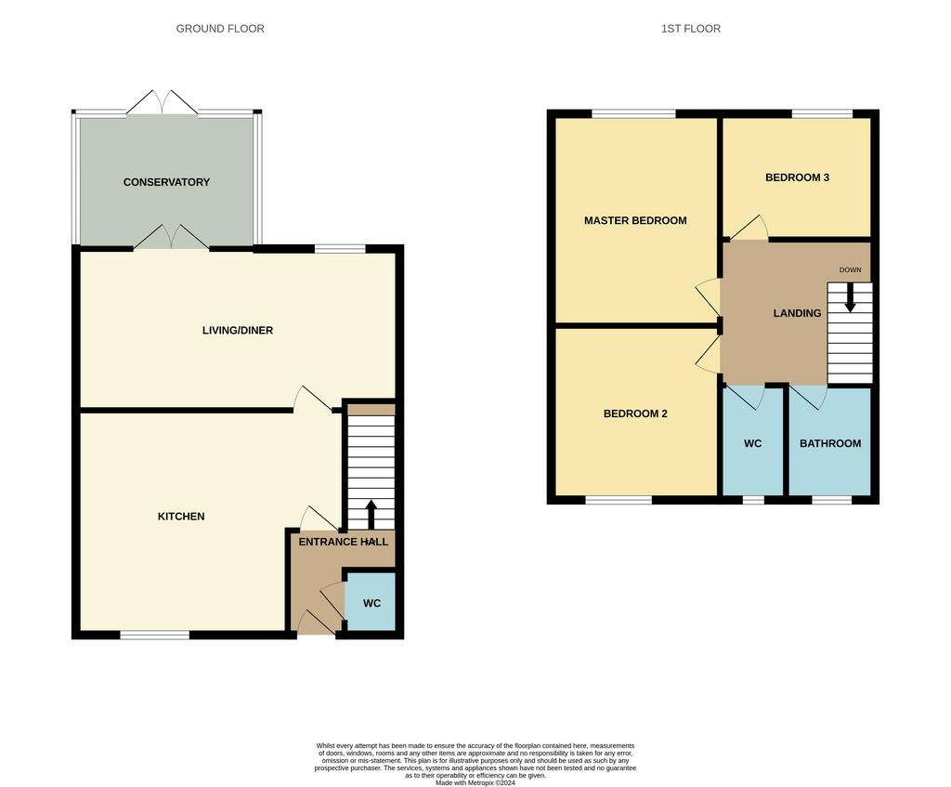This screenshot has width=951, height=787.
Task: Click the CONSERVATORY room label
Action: (166, 182)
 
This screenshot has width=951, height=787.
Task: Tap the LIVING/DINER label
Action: (238, 330)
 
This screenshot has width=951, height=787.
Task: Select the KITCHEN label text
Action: (181, 517)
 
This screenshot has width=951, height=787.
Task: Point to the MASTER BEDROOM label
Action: (635, 221)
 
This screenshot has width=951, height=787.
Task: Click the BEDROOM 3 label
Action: (797, 177)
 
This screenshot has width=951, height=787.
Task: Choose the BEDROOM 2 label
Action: (635, 413)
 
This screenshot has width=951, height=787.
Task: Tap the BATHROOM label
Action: (830, 443)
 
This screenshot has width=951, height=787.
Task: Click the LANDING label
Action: (797, 313)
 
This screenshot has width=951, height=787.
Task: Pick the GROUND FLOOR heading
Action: (220, 29)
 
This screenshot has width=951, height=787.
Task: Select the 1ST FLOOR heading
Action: (691, 29)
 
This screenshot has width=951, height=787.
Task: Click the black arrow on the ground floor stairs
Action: (371, 515)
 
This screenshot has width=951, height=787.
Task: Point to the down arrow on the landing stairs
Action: (851, 297)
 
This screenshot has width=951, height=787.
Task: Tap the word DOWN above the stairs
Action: (851, 270)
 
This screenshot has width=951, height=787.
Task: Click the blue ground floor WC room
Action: (371, 602)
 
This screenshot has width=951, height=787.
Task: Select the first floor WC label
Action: (752, 443)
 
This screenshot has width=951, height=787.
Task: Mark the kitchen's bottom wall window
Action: (155, 635)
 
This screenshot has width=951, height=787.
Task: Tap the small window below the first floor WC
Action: (753, 500)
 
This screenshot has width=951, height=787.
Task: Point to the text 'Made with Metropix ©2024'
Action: (475, 782)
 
